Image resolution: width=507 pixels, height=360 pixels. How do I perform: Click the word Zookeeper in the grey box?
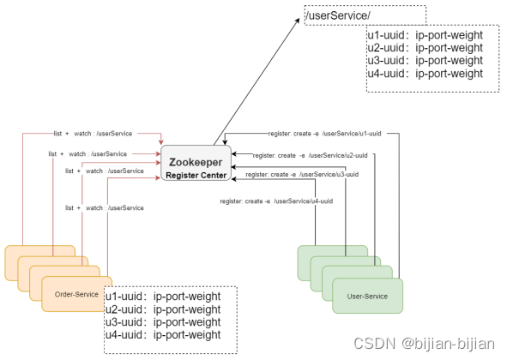196,162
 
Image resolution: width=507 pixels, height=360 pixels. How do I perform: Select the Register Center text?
196,175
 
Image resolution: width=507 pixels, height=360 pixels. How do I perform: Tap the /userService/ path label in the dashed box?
337,15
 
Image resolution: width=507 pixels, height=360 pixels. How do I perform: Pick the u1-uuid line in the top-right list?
426,35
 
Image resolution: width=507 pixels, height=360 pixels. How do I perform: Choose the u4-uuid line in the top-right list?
426,74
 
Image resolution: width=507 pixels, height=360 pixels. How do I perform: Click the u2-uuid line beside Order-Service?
163,309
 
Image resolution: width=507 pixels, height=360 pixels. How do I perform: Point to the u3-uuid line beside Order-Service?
163,322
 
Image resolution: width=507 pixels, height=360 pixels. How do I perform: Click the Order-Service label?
76,294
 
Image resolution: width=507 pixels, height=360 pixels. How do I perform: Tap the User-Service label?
367,297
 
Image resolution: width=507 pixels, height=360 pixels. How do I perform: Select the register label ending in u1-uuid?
324,134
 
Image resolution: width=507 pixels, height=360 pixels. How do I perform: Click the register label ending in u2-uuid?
310,155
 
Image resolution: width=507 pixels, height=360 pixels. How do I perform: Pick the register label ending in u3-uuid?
302,175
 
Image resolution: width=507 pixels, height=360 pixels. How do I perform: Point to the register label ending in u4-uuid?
276,201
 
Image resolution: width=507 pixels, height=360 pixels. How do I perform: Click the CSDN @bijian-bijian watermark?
425,343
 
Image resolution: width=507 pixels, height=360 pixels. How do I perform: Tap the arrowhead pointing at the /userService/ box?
297,21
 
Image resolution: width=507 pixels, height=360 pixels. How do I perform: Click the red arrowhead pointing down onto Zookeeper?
160,142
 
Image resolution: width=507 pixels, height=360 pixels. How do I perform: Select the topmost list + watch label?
94,134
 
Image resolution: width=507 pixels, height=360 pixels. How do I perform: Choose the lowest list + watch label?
105,207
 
